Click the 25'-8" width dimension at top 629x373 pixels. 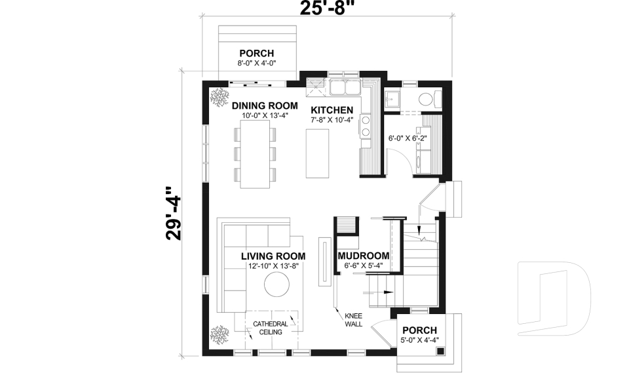(x=327, y=9)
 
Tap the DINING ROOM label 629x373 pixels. (x=260, y=106)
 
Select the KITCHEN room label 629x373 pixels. (x=332, y=110)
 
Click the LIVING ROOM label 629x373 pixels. (x=273, y=256)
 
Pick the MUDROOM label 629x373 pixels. (x=363, y=256)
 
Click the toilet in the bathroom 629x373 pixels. (x=428, y=100)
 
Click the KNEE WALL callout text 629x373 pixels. (x=353, y=319)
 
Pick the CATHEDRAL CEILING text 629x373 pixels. (x=270, y=328)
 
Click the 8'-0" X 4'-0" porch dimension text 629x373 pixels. (x=256, y=64)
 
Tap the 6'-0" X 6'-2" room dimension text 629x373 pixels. (x=407, y=138)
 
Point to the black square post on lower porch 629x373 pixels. (x=442, y=352)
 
